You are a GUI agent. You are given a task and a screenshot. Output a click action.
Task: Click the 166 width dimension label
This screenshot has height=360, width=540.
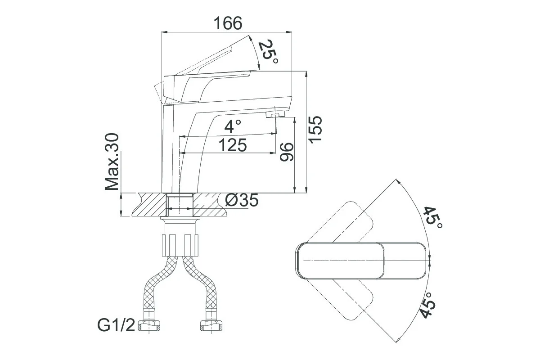pos(228,23)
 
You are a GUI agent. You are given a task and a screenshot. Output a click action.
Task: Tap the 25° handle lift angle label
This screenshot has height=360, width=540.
pos(268,52)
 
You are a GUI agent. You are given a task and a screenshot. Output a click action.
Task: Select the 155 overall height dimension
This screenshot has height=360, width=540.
pos(315,130)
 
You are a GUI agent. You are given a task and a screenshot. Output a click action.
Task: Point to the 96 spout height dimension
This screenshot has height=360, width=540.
pos(287,152)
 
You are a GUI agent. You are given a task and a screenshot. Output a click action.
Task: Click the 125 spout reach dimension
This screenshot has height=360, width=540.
pos(233,145)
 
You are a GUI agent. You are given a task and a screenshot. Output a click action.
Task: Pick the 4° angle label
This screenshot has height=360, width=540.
pos(233,126)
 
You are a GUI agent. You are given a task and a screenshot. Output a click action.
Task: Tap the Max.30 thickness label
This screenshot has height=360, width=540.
pos(112,162)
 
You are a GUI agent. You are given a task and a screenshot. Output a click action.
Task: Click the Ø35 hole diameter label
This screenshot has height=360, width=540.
pos(242,200)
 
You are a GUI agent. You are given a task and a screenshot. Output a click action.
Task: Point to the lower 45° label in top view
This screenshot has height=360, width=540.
pos(428,306)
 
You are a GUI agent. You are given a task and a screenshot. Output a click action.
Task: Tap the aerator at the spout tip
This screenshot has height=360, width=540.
pos(275,114)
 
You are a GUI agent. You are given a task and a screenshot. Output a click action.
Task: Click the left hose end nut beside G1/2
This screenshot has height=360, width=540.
pos(149,326)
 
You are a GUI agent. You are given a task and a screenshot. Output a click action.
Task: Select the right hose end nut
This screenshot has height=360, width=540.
pos(211,326)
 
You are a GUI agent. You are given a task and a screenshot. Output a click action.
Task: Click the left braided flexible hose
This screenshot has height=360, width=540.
pos(157,287)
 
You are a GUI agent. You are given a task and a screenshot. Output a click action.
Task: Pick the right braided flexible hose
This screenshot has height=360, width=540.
pos(203,287)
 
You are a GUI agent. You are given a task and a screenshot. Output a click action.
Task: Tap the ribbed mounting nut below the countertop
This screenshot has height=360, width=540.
pos(180,245)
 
